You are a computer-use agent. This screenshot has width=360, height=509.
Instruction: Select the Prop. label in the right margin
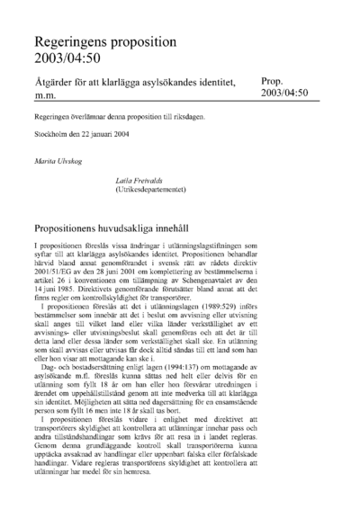coord(275,80)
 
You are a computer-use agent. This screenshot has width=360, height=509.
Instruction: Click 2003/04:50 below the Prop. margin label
coord(285,93)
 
